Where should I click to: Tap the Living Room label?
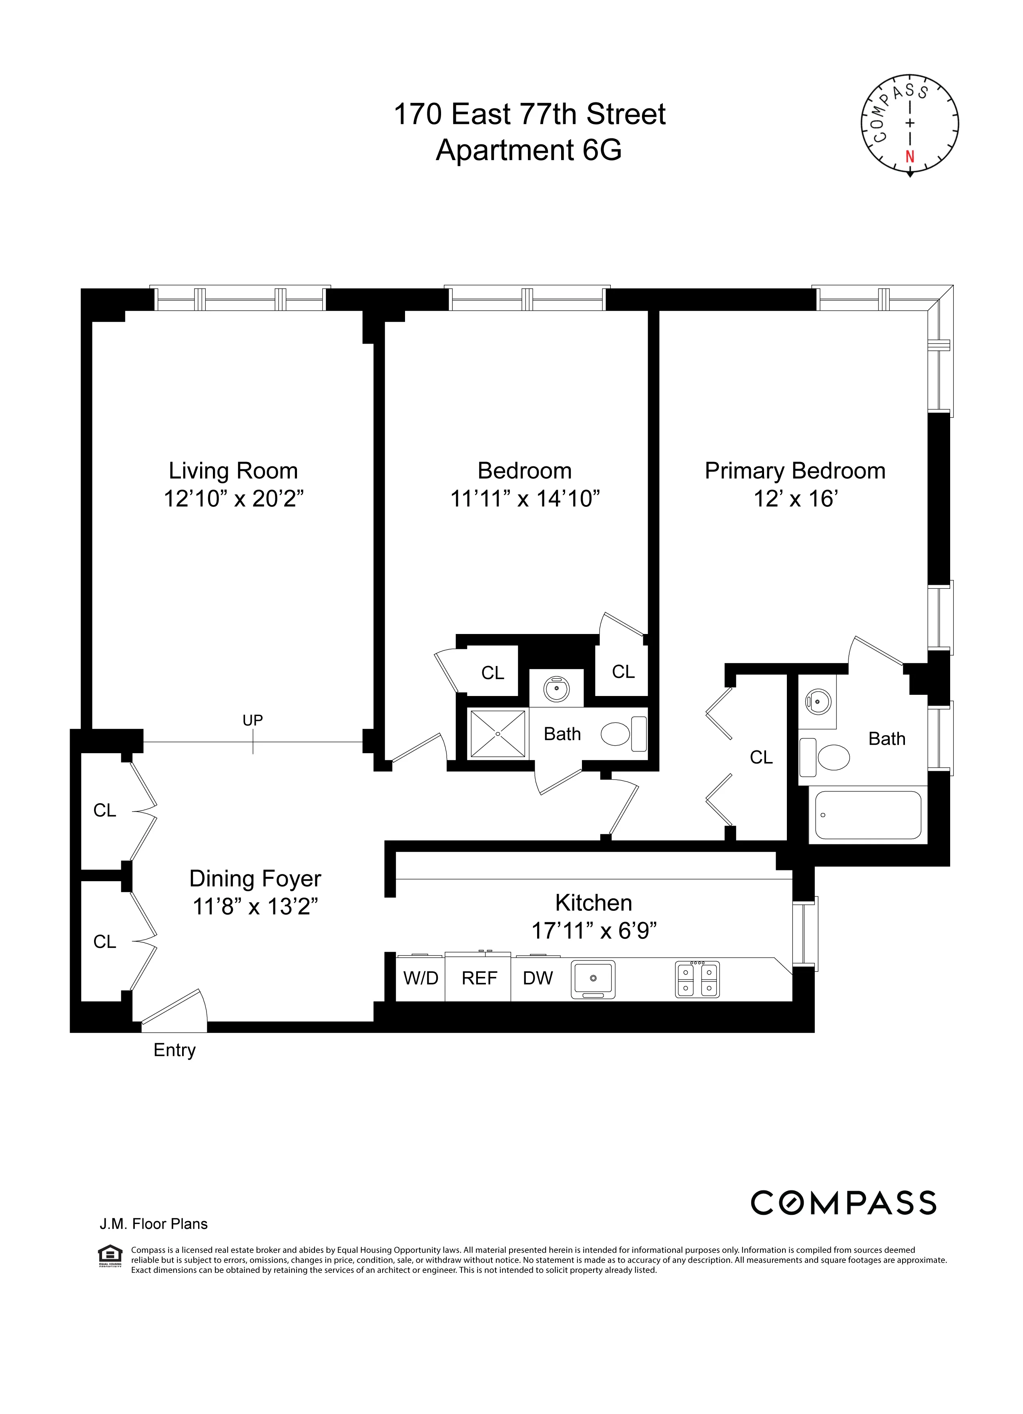pyautogui.click(x=233, y=471)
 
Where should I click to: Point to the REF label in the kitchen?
pyautogui.click(x=479, y=978)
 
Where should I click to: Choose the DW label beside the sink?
pyautogui.click(x=538, y=978)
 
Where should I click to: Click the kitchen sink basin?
pyautogui.click(x=593, y=978)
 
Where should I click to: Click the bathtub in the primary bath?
pyautogui.click(x=868, y=816)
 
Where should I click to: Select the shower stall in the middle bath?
pyautogui.click(x=498, y=734)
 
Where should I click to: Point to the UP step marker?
pyautogui.click(x=253, y=721)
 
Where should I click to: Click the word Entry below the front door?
pyautogui.click(x=175, y=1050)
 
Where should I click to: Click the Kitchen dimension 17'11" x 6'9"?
pyautogui.click(x=594, y=931)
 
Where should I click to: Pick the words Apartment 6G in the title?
pyautogui.click(x=529, y=150)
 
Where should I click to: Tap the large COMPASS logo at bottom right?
pyautogui.click(x=843, y=1203)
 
